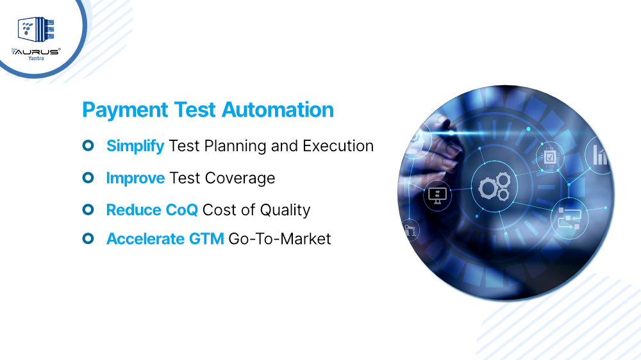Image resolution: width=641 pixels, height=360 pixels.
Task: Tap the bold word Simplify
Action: [x=135, y=146]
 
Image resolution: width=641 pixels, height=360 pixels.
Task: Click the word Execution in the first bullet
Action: [x=338, y=146]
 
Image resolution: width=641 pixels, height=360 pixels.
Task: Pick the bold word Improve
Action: [x=135, y=178]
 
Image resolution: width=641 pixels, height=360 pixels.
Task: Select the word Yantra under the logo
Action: [x=36, y=57]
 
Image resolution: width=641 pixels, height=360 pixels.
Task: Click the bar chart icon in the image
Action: [x=599, y=154]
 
